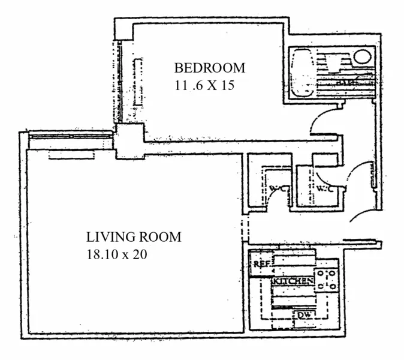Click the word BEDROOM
[x=209, y=67]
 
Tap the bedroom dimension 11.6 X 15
[x=203, y=85]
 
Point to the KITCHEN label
[x=293, y=281]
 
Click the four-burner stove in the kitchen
[x=327, y=279]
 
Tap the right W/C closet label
[x=324, y=190]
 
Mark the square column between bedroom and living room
[x=129, y=140]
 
